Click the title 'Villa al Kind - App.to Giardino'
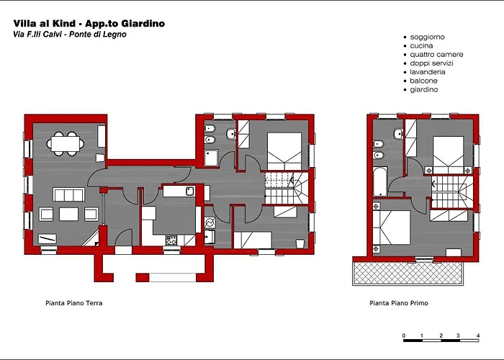click(x=89, y=24)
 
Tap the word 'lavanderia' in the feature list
click(x=428, y=72)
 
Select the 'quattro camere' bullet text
click(x=436, y=54)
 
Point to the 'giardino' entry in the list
click(x=424, y=90)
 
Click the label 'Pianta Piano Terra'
click(x=74, y=303)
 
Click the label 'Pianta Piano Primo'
click(x=399, y=303)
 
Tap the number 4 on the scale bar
click(x=478, y=336)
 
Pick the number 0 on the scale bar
click(x=404, y=336)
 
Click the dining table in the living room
click(x=66, y=143)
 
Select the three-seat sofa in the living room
click(x=68, y=195)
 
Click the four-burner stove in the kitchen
click(x=171, y=240)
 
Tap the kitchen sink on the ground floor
click(x=190, y=191)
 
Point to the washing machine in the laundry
click(x=210, y=222)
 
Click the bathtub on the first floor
click(x=380, y=181)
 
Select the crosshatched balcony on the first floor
click(x=408, y=273)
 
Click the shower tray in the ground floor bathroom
click(x=212, y=158)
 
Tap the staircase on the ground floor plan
click(x=286, y=188)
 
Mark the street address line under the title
click(x=70, y=34)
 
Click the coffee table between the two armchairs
click(x=69, y=214)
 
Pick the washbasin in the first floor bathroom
click(x=399, y=133)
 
